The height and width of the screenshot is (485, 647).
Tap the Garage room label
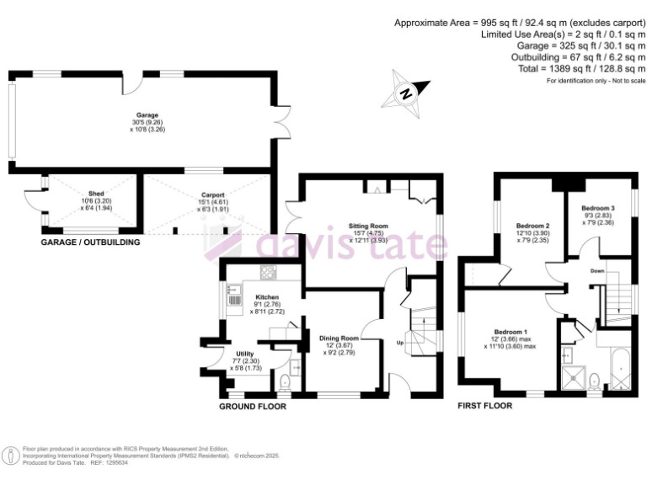[148, 115]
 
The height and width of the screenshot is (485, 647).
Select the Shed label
[90, 195]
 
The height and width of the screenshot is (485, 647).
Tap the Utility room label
[244, 354]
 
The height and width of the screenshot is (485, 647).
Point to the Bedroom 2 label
[532, 227]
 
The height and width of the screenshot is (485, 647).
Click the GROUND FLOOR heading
[253, 407]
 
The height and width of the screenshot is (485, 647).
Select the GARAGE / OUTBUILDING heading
[90, 242]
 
